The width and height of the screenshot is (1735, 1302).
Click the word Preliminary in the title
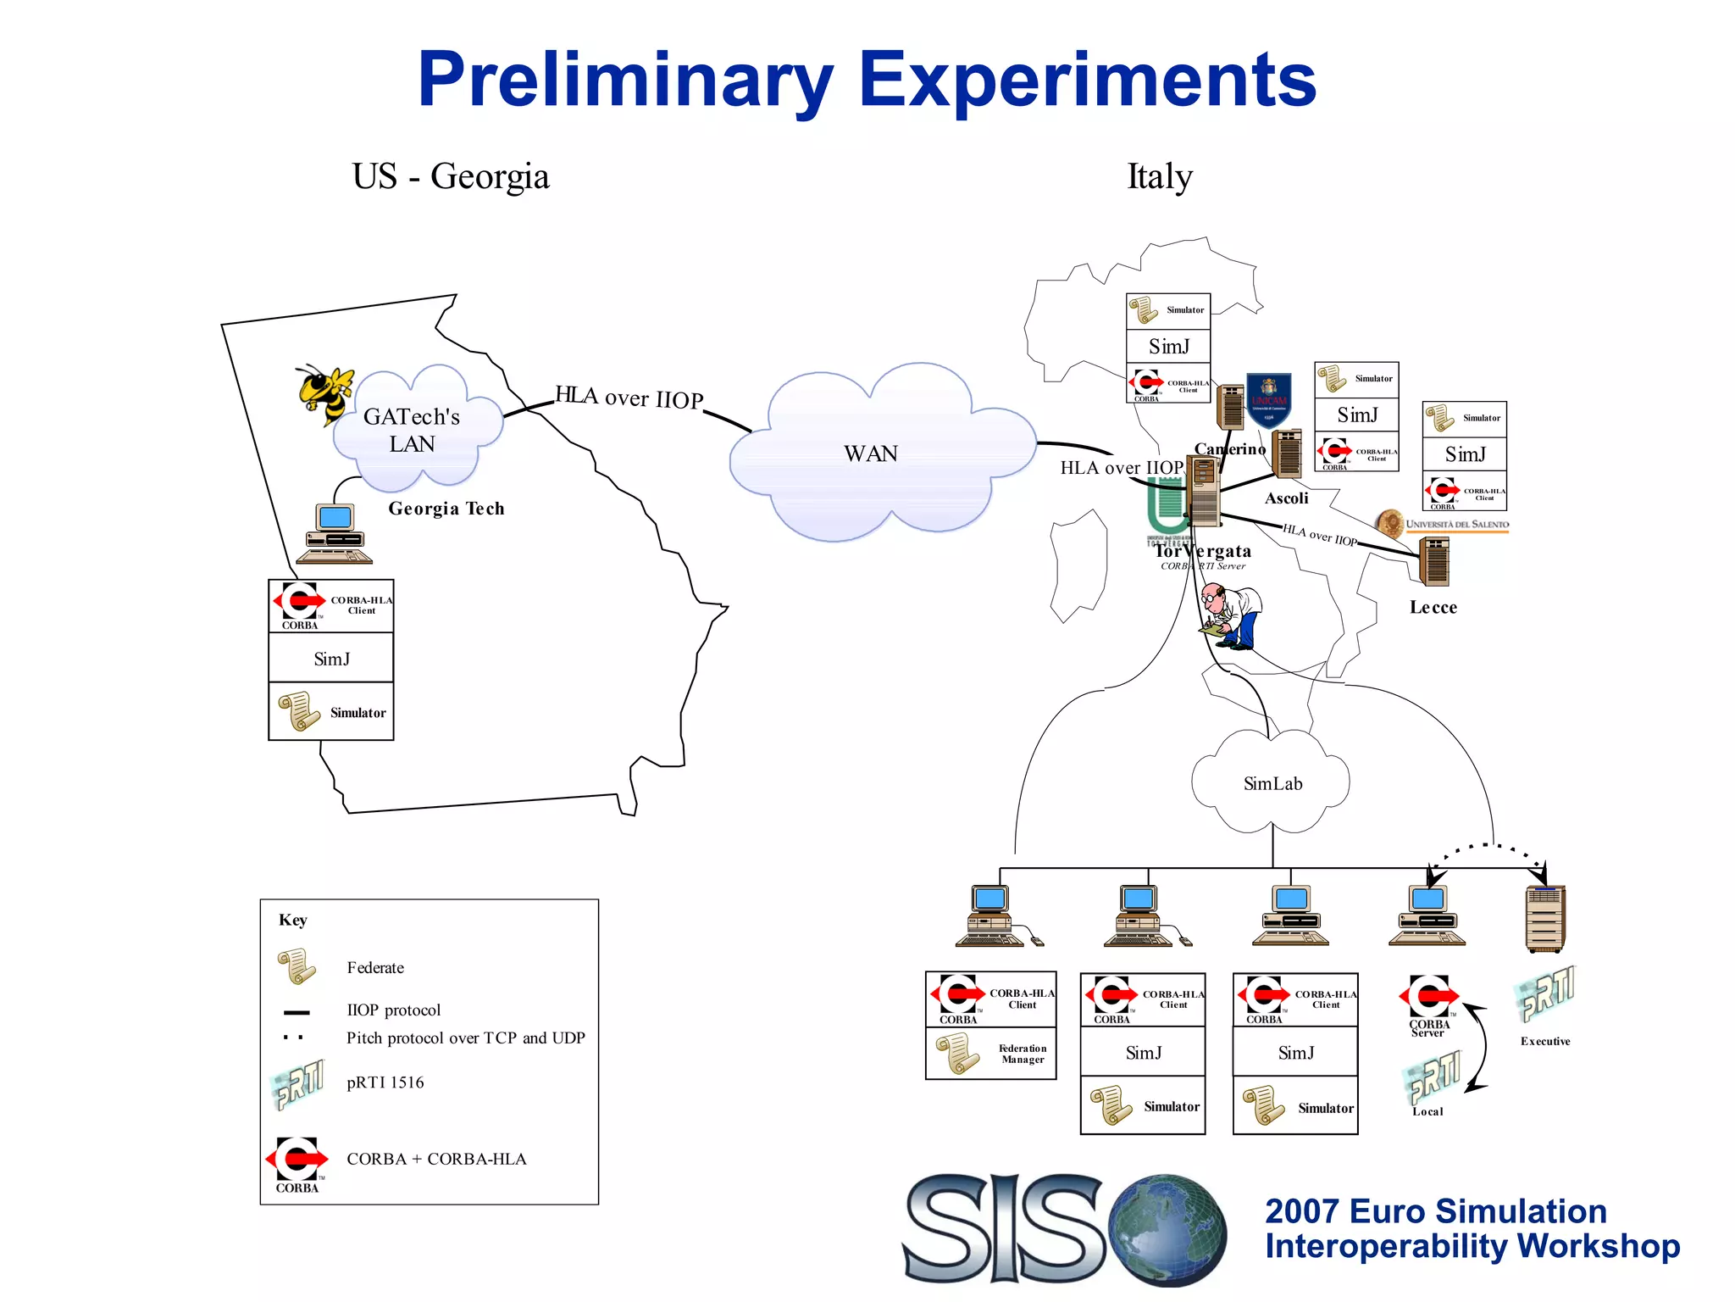pyautogui.click(x=625, y=81)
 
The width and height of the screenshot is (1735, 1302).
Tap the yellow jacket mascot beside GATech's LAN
pyautogui.click(x=324, y=393)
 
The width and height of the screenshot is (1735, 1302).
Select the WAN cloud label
pyautogui.click(x=870, y=453)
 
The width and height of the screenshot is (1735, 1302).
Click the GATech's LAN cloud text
pyautogui.click(x=412, y=430)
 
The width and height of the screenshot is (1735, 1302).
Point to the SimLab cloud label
pyautogui.click(x=1272, y=783)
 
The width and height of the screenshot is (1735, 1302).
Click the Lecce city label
pyautogui.click(x=1433, y=607)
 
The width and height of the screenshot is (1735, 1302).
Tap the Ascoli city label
pyautogui.click(x=1286, y=498)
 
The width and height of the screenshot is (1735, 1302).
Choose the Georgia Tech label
pyautogui.click(x=446, y=509)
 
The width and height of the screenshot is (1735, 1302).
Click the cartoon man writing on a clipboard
pyautogui.click(x=1232, y=616)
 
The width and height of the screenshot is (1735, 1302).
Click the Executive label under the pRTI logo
pyautogui.click(x=1545, y=1041)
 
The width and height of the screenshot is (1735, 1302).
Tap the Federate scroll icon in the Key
pyautogui.click(x=297, y=966)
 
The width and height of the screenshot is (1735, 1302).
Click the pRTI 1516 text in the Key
pyautogui.click(x=385, y=1082)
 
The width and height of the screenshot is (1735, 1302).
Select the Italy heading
pyautogui.click(x=1159, y=176)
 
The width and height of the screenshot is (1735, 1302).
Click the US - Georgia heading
pyautogui.click(x=451, y=176)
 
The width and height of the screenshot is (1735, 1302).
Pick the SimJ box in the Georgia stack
pyautogui.click(x=331, y=659)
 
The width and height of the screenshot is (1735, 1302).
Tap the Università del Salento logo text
pyautogui.click(x=1457, y=525)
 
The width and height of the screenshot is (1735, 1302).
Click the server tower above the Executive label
pyautogui.click(x=1544, y=919)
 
